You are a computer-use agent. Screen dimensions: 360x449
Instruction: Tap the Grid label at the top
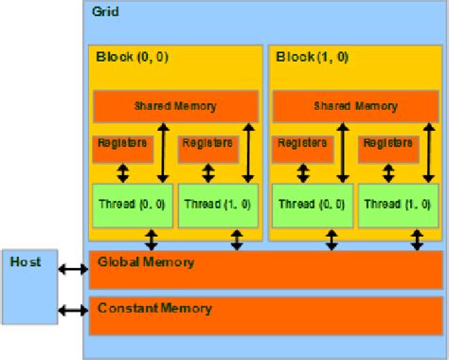105,12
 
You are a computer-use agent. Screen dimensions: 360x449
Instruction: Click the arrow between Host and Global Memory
72,270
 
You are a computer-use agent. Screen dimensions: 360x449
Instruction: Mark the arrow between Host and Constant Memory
72,310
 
